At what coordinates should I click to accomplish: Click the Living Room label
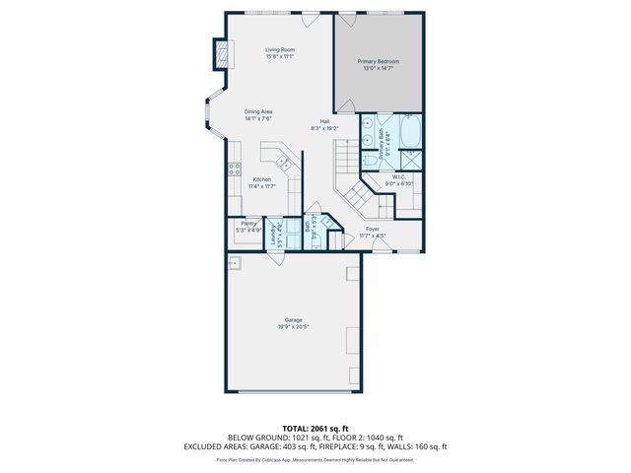pyautogui.click(x=280, y=49)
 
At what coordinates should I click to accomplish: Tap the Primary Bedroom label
pyautogui.click(x=378, y=61)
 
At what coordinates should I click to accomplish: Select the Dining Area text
pyautogui.click(x=259, y=111)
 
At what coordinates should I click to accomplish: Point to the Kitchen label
pyautogui.click(x=260, y=179)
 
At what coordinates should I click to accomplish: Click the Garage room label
pyautogui.click(x=293, y=320)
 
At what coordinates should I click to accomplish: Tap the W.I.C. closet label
pyautogui.click(x=399, y=177)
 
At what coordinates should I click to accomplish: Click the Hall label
pyautogui.click(x=324, y=122)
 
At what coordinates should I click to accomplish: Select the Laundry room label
pyautogui.click(x=273, y=235)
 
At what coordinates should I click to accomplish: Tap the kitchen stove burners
pyautogui.click(x=234, y=169)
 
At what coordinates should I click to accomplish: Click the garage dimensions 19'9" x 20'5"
pyautogui.click(x=293, y=327)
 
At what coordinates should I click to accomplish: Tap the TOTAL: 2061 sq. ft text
pyautogui.click(x=315, y=428)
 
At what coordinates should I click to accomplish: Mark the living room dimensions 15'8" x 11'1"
pyautogui.click(x=280, y=56)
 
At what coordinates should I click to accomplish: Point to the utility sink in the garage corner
pyautogui.click(x=235, y=263)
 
